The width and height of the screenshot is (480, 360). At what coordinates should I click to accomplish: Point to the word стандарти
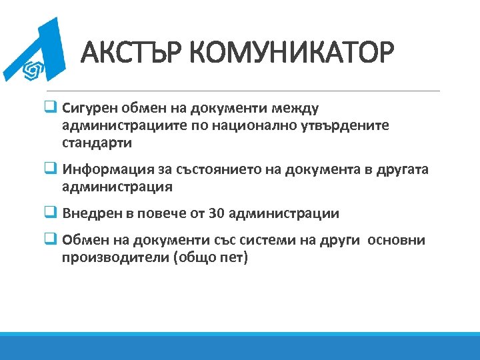tap(97, 143)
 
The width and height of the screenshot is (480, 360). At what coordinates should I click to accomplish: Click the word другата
tap(402, 169)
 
